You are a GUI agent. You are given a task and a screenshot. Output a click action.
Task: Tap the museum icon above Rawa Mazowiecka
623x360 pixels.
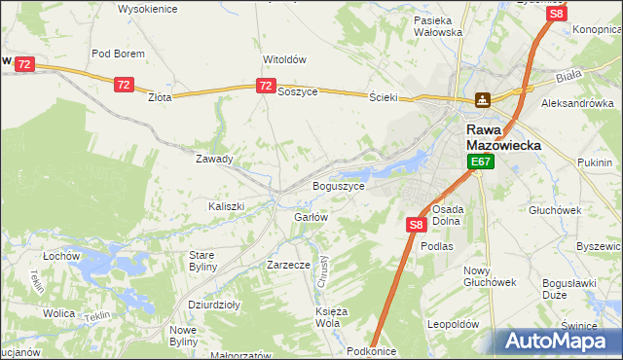click(483, 99)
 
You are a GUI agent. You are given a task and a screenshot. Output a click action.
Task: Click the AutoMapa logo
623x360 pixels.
click(557, 341)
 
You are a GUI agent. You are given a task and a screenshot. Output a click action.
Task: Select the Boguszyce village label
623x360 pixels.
click(339, 185)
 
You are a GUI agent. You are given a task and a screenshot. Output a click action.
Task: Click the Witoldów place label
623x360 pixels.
click(284, 58)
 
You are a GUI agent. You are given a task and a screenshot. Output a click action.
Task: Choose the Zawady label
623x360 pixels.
click(214, 159)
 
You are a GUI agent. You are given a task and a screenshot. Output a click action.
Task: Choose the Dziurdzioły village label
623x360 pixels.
click(214, 305)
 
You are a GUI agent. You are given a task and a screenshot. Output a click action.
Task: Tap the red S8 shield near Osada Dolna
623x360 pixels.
click(416, 225)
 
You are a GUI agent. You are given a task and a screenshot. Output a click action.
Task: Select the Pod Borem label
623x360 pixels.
click(118, 54)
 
